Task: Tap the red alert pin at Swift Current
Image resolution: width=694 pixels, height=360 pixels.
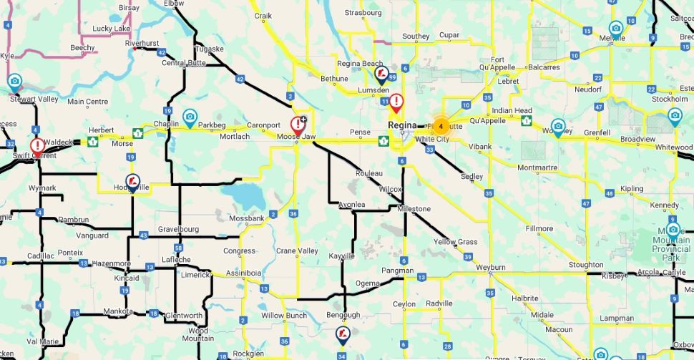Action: [37, 146]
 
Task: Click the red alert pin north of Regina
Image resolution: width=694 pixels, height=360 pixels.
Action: [395, 102]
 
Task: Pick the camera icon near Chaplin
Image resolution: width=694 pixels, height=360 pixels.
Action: [190, 116]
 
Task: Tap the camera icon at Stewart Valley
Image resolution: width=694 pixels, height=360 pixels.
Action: [14, 81]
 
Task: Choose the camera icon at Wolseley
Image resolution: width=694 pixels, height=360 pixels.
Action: [557, 126]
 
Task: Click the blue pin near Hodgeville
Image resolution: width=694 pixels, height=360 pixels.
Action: [132, 181]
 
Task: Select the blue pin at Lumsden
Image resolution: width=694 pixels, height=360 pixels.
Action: [382, 73]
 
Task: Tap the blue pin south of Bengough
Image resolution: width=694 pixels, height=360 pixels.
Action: [343, 334]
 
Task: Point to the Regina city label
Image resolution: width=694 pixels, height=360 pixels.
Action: [402, 125]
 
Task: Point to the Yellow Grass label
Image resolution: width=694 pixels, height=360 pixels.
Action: [455, 242]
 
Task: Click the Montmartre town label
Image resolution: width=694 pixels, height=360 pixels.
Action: [537, 168]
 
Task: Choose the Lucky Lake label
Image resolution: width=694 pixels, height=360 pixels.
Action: [112, 29]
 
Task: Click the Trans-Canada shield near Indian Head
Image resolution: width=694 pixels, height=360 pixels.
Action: [527, 120]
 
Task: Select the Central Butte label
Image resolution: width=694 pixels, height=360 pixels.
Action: [184, 63]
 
